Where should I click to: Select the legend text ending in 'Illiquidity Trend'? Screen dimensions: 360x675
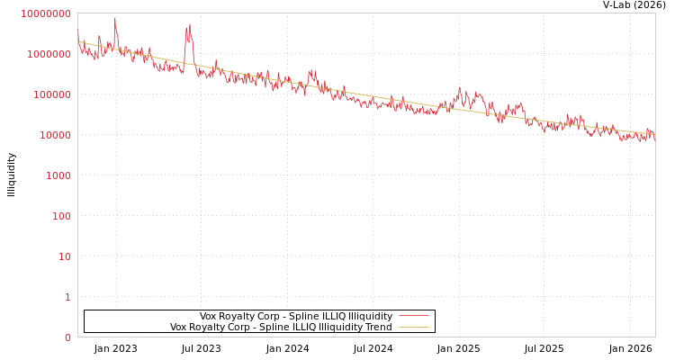tap(281, 328)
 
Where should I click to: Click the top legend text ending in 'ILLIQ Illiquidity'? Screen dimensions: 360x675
tap(295, 317)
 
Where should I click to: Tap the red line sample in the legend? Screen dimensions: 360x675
tap(413, 317)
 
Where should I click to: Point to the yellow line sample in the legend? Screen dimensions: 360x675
tap(413, 328)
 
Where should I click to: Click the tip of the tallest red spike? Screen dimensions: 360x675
tap(115, 17)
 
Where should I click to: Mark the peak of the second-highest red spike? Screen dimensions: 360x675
tap(189, 24)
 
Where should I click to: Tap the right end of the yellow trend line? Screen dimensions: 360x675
tap(654, 134)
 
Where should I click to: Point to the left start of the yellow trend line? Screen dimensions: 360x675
tap(78, 41)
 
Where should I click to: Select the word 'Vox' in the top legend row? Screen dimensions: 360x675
tap(209, 317)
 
